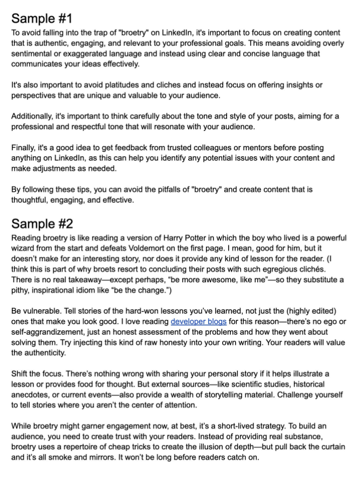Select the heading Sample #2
pos(42,223)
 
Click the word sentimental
pos(34,54)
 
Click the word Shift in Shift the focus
pos(21,374)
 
